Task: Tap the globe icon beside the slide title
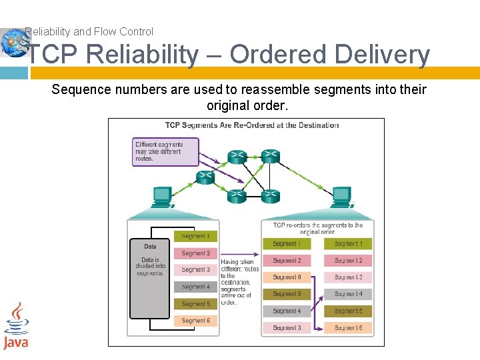pos(12,42)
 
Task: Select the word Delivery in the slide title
pos(383,55)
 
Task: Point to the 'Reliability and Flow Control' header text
pos(89,31)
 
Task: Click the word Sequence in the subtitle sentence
pos(79,89)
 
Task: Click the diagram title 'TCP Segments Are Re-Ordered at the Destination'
pos(252,125)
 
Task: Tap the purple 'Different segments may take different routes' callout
pos(166,151)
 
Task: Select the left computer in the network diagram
pos(162,197)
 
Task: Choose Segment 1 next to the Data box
pos(195,236)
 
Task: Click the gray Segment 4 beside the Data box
pos(195,287)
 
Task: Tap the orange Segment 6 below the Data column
pos(195,321)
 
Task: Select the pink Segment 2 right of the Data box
pos(195,253)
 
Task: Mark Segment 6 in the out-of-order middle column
pos(287,277)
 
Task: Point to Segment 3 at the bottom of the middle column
pos(287,328)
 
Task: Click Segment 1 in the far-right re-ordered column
pos(348,244)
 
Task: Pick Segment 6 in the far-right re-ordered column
pos(348,328)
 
